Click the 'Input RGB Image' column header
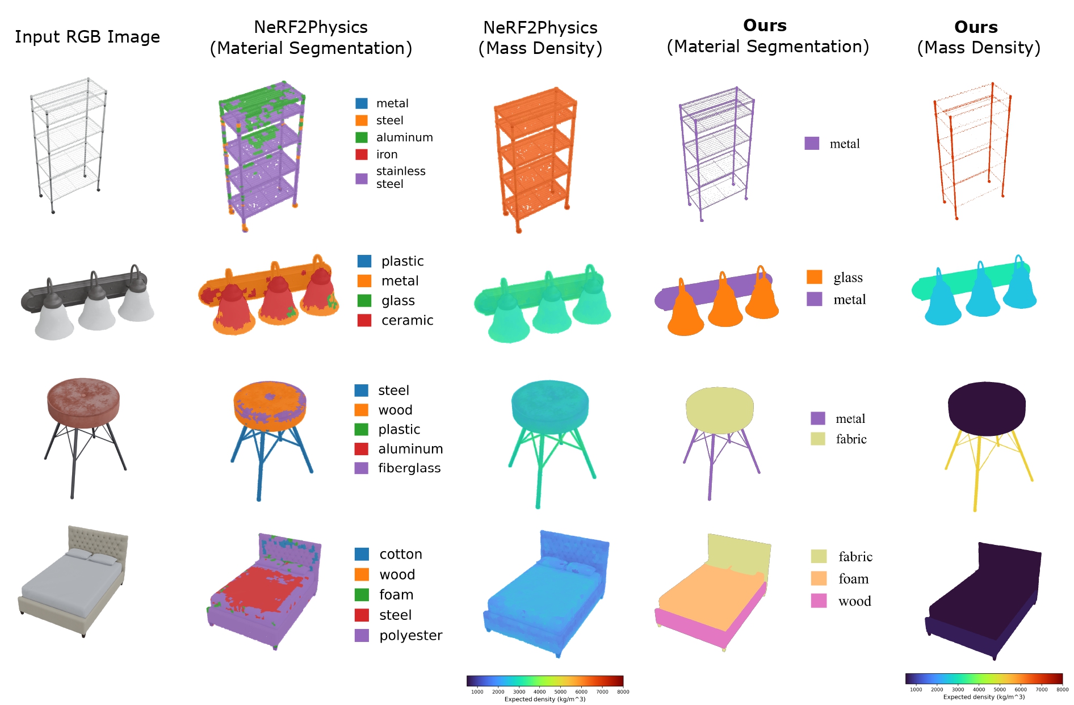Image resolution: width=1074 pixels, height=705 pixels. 87,37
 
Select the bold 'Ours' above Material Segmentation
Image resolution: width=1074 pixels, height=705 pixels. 765,26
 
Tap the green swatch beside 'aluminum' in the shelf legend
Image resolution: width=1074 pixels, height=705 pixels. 362,137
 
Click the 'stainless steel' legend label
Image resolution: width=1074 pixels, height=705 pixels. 401,178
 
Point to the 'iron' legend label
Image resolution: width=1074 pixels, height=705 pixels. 387,154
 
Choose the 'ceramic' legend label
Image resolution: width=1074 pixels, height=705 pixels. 407,320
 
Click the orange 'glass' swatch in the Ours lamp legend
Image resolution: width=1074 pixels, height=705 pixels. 814,277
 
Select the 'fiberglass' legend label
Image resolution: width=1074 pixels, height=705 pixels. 409,468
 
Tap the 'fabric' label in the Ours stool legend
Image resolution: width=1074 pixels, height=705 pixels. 851,439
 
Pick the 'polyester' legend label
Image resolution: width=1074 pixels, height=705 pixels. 411,636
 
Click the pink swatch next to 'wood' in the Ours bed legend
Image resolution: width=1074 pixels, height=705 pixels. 819,601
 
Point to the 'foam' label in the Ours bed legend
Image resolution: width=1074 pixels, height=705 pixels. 853,578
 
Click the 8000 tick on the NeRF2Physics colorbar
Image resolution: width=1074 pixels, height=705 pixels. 623,691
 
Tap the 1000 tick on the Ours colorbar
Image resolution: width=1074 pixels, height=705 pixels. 916,689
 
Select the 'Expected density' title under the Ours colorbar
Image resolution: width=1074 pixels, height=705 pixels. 984,697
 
